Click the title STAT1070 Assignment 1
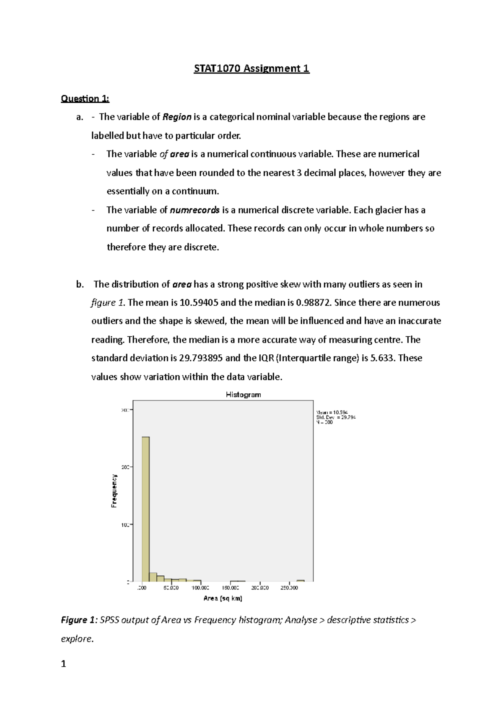coord(251,68)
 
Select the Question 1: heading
coord(85,99)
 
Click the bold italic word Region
coord(177,117)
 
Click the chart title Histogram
coord(243,395)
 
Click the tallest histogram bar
coord(145,507)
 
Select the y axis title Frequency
coord(114,491)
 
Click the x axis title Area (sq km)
coord(223,598)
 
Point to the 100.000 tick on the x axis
coord(200,588)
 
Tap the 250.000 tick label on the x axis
coord(289,588)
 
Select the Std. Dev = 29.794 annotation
coord(336,417)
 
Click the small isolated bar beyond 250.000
coord(301,581)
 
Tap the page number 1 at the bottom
coord(64,664)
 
